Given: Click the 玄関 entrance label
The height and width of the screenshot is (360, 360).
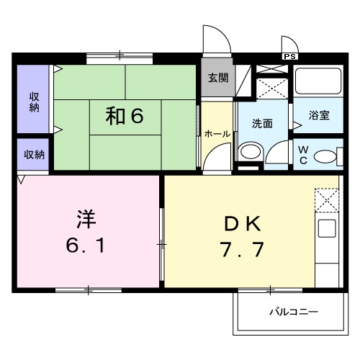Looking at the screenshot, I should (218, 77).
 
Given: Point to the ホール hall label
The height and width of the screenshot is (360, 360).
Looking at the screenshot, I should (217, 134).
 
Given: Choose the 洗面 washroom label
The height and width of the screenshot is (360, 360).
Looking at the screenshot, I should (262, 123).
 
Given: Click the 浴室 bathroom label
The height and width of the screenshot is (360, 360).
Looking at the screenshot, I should (320, 115).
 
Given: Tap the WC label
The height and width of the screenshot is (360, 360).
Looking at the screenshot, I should (303, 155).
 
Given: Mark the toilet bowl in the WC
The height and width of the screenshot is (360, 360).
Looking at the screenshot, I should (326, 156).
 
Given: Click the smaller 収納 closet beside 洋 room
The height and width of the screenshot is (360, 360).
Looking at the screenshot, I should (33, 154).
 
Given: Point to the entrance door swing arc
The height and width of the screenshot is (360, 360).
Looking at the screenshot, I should (214, 40).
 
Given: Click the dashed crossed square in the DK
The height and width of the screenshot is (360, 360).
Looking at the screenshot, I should (326, 199).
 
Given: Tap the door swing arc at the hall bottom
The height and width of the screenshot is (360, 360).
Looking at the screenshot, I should (215, 160).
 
